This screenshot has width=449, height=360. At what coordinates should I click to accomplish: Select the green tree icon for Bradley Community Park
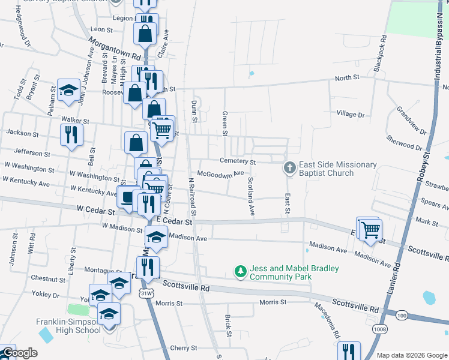tap(240, 272)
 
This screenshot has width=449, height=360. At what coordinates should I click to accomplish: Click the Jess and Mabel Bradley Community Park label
tap(286, 272)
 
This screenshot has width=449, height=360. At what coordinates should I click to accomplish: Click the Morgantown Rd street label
tap(114, 49)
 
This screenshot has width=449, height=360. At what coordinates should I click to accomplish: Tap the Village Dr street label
tap(351, 114)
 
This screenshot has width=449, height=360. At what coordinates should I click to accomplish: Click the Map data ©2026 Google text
tap(411, 355)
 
